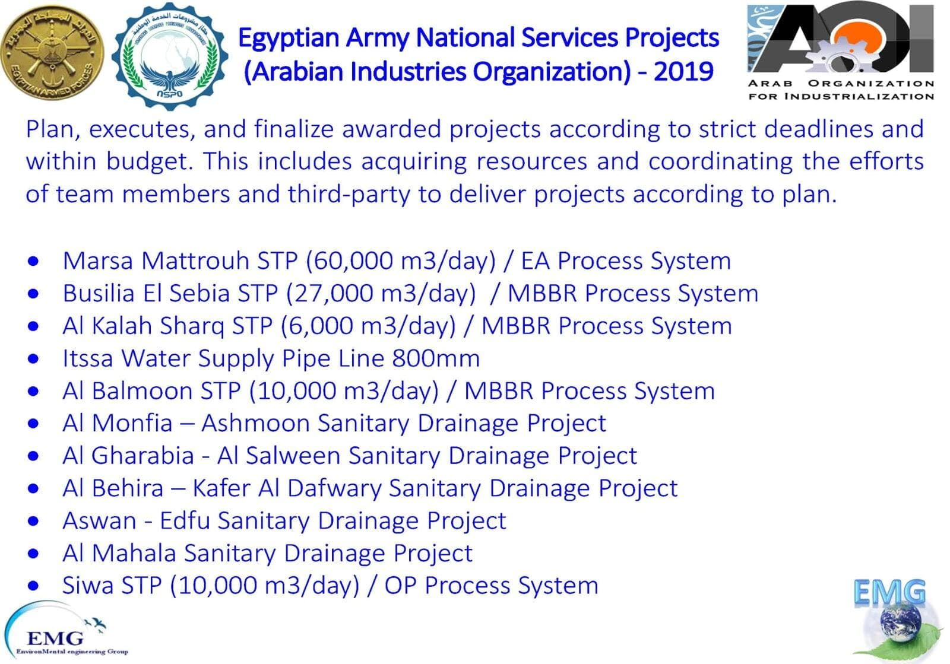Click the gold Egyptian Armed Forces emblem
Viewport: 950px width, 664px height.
point(52,53)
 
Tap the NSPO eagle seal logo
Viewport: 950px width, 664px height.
point(170,56)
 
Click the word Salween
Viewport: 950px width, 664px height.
point(293,456)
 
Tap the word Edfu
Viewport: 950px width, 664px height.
point(185,521)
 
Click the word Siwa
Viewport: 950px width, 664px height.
point(88,586)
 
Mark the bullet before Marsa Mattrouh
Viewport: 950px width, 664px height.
point(33,262)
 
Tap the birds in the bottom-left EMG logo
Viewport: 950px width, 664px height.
point(96,624)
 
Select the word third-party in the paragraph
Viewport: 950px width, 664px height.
point(350,195)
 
